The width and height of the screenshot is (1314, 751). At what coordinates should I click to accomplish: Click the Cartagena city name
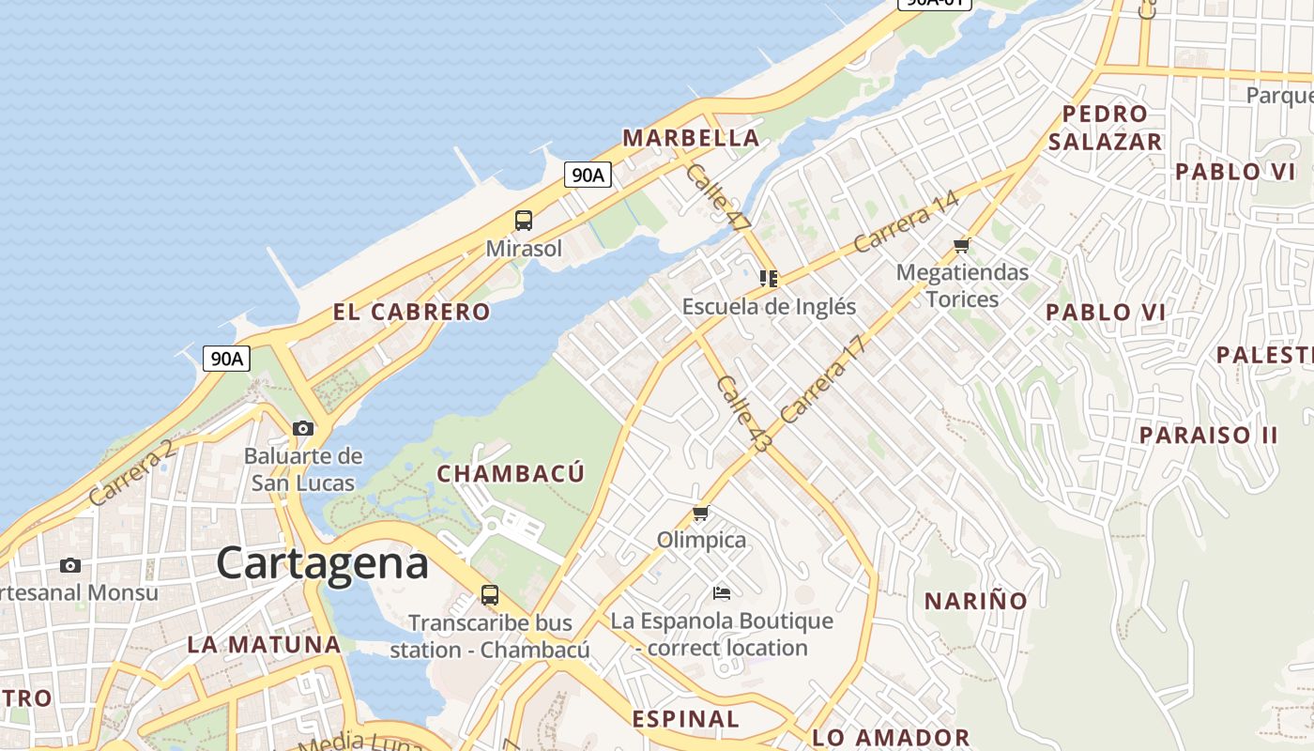coord(322,563)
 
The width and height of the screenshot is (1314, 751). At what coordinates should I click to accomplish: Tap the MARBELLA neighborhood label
coord(691,138)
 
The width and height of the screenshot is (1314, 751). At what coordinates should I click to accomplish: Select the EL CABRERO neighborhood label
coord(411,312)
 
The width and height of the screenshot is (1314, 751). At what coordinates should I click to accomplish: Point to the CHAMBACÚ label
coord(511,473)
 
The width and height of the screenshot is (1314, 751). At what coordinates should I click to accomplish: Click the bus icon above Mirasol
coord(524,221)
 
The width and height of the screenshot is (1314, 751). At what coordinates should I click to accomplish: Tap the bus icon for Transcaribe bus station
coord(489,594)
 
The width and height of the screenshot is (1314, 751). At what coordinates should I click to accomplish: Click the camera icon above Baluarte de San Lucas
coord(302,429)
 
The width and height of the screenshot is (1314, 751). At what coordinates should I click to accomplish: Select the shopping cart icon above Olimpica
coord(700,513)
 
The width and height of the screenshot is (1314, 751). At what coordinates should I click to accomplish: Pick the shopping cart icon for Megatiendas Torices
coord(961,246)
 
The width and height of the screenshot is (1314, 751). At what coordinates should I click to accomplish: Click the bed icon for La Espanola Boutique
coord(721,592)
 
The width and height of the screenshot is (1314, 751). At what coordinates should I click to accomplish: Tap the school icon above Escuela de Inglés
coord(769,279)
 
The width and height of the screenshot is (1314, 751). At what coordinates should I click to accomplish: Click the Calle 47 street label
coord(718,198)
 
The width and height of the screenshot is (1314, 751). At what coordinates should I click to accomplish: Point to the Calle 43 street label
coord(741,414)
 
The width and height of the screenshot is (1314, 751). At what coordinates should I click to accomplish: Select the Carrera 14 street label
coord(906,222)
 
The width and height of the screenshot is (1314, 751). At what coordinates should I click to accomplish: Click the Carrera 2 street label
coord(131,472)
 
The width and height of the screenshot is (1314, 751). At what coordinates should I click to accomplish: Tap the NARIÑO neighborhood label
coord(976,601)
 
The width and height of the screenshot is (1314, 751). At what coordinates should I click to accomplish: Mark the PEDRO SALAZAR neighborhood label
coord(1106,128)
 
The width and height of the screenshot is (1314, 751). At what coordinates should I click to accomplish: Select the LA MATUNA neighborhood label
coord(264,645)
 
